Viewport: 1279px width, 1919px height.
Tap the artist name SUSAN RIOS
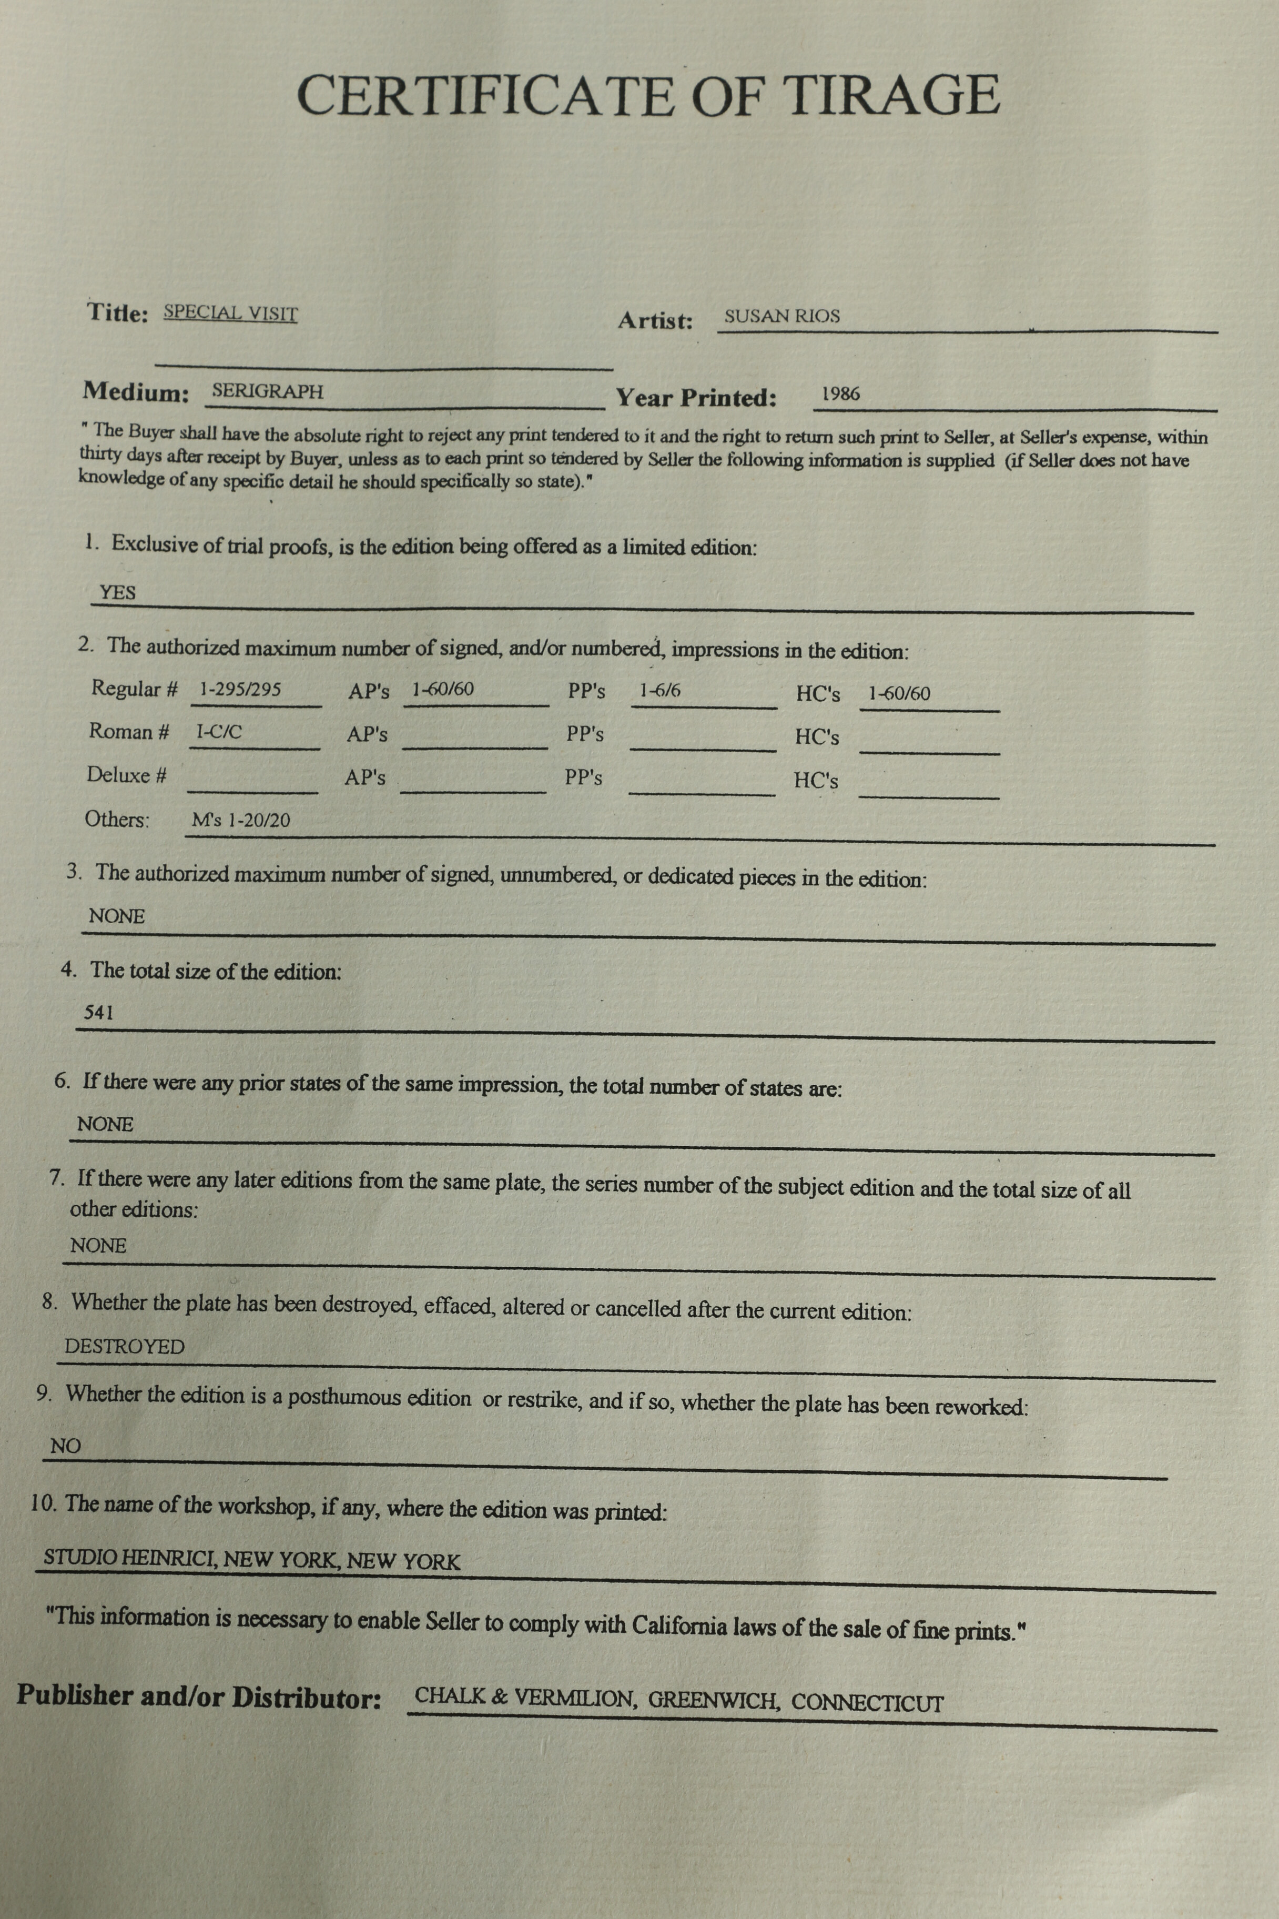781,317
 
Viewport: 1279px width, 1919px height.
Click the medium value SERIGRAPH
268,391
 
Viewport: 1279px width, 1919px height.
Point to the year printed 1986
840,394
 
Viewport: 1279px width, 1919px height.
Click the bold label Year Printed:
696,398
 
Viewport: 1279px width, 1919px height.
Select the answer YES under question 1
117,592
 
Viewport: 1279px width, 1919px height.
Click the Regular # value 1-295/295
241,690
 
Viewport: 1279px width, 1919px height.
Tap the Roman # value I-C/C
219,732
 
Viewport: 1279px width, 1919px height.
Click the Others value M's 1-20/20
241,820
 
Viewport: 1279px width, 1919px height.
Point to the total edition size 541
99,1013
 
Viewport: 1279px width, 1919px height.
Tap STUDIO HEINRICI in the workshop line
129,1558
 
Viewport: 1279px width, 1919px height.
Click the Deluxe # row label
126,775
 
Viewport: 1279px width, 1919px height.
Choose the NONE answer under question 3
117,916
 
